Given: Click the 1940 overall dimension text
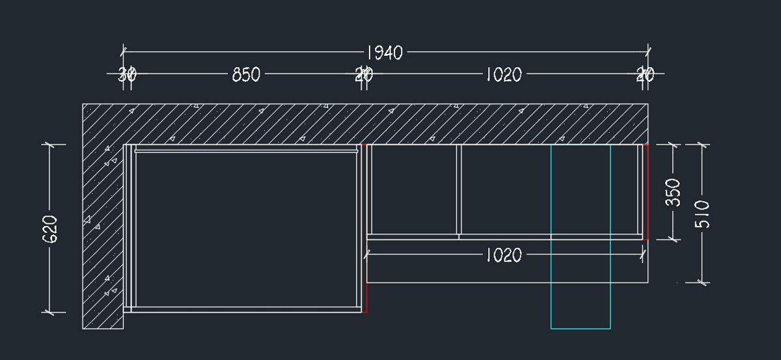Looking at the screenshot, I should [385, 52].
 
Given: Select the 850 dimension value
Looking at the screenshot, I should [246, 75].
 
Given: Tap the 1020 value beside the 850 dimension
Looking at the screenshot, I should [503, 75].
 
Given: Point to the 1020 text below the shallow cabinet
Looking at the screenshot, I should [503, 255].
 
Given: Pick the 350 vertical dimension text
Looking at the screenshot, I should [674, 193].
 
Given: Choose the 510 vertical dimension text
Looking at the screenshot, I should [703, 214].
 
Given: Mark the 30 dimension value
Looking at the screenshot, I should [127, 75].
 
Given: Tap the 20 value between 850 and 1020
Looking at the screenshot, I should [363, 75].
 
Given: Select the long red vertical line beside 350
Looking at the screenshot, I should [647, 192].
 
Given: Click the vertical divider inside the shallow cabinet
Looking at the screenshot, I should [459, 190].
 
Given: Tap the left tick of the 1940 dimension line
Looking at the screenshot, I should [124, 51].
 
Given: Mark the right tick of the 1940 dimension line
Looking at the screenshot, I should [648, 51].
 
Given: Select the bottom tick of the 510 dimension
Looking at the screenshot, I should [702, 283].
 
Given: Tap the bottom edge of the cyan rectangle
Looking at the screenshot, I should [581, 328].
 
